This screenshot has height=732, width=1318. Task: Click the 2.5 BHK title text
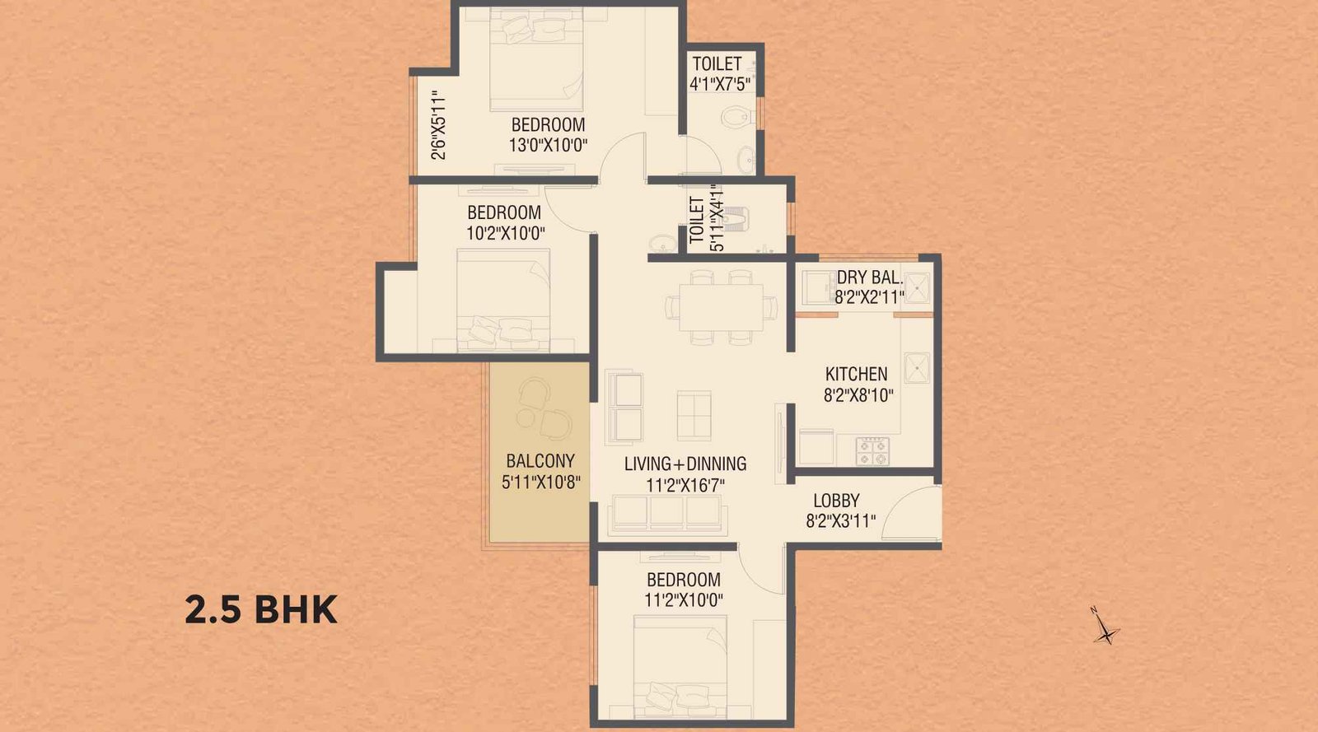(261, 610)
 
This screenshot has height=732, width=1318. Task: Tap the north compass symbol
(1106, 628)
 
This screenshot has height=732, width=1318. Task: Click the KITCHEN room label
(856, 374)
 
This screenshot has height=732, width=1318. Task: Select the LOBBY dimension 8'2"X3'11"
(841, 521)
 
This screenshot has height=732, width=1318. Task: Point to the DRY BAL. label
(869, 277)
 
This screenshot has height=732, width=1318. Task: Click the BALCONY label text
(540, 461)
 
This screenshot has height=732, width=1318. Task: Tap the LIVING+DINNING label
(685, 464)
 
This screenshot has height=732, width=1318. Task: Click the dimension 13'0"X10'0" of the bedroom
(548, 146)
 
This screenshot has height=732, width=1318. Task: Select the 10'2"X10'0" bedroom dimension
(505, 234)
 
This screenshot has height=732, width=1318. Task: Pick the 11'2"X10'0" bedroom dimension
(683, 600)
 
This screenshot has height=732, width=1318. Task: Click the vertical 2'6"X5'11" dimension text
(439, 125)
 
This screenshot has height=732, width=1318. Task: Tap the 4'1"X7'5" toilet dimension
(719, 83)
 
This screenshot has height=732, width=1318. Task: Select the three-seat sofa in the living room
(667, 513)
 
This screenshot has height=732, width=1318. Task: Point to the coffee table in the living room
(694, 414)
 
